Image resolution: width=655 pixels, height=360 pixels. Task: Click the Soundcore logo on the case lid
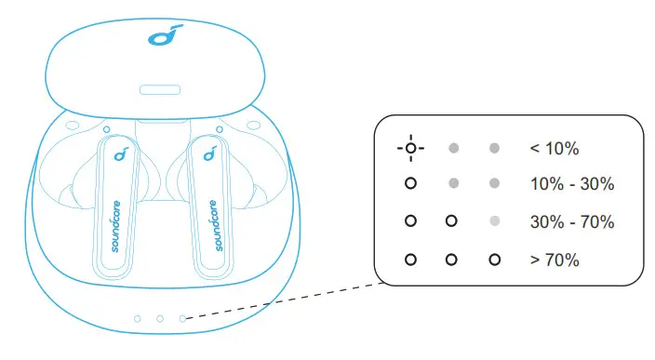point(160,38)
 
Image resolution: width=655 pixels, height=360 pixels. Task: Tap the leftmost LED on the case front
point(138,318)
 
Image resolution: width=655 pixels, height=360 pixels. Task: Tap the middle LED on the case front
point(160,318)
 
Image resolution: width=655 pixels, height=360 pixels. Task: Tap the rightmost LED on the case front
point(182,318)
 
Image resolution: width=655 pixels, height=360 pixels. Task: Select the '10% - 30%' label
point(571,184)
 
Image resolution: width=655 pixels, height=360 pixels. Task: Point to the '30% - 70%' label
point(571,222)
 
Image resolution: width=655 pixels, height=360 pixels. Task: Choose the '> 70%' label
point(554,260)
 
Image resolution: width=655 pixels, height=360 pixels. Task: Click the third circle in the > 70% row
point(495,260)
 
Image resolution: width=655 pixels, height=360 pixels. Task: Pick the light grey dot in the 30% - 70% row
point(495,222)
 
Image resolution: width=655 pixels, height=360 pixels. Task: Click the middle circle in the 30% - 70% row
point(452,222)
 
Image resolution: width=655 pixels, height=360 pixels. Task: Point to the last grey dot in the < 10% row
point(495,148)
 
